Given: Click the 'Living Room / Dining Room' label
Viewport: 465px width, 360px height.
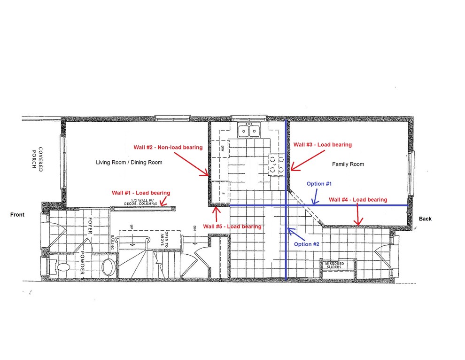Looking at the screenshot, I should (x=129, y=163).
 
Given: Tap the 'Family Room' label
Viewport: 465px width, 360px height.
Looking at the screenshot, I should (x=348, y=164).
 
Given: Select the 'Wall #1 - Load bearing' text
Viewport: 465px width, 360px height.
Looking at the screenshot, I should (x=141, y=193).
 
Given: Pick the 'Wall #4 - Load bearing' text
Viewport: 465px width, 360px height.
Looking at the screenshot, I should (x=358, y=200).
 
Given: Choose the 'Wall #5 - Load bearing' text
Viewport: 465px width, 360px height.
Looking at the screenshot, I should (x=232, y=227).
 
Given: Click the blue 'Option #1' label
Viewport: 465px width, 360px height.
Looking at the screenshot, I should (x=319, y=183).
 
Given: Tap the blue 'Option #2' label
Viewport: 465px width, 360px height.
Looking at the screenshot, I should (x=307, y=244).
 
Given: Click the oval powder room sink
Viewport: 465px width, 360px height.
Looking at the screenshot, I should (x=108, y=267).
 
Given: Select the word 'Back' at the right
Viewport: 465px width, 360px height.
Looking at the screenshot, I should (x=426, y=219).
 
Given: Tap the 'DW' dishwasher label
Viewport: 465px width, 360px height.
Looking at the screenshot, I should (x=223, y=149).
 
